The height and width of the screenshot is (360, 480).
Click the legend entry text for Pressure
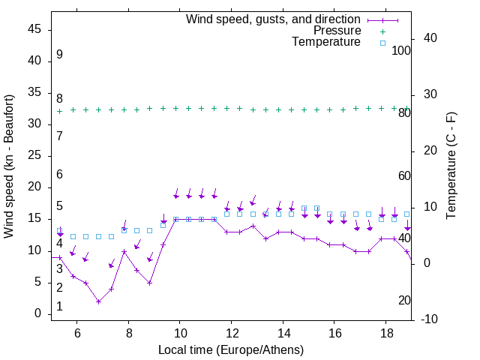point(337,31)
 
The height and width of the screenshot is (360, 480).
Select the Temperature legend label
point(326,42)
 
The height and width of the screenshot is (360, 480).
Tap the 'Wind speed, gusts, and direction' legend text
point(274,19)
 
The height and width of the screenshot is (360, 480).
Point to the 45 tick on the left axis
point(34,29)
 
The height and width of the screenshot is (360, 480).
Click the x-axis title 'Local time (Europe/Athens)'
point(231,349)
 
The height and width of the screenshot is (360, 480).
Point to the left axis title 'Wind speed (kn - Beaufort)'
point(9,166)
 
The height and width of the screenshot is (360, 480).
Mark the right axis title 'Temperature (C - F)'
point(451,166)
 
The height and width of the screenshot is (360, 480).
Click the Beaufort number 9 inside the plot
point(59,55)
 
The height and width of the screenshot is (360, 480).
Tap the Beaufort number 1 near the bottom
point(59,307)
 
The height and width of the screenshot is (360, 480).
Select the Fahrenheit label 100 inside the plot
point(401,51)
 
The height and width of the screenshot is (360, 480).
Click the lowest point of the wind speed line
point(98,301)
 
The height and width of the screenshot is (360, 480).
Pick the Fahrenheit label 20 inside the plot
point(404,301)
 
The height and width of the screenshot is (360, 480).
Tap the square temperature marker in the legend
point(382,43)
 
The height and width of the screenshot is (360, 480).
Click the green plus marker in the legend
point(382,31)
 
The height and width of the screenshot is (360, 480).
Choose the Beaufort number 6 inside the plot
point(59,175)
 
